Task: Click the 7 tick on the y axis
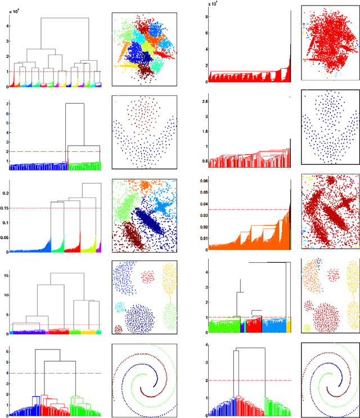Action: [x=7, y=104]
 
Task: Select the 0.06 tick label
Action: [x=202, y=181]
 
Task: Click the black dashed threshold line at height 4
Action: [x=56, y=373]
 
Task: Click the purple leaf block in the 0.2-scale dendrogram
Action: [x=98, y=247]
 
